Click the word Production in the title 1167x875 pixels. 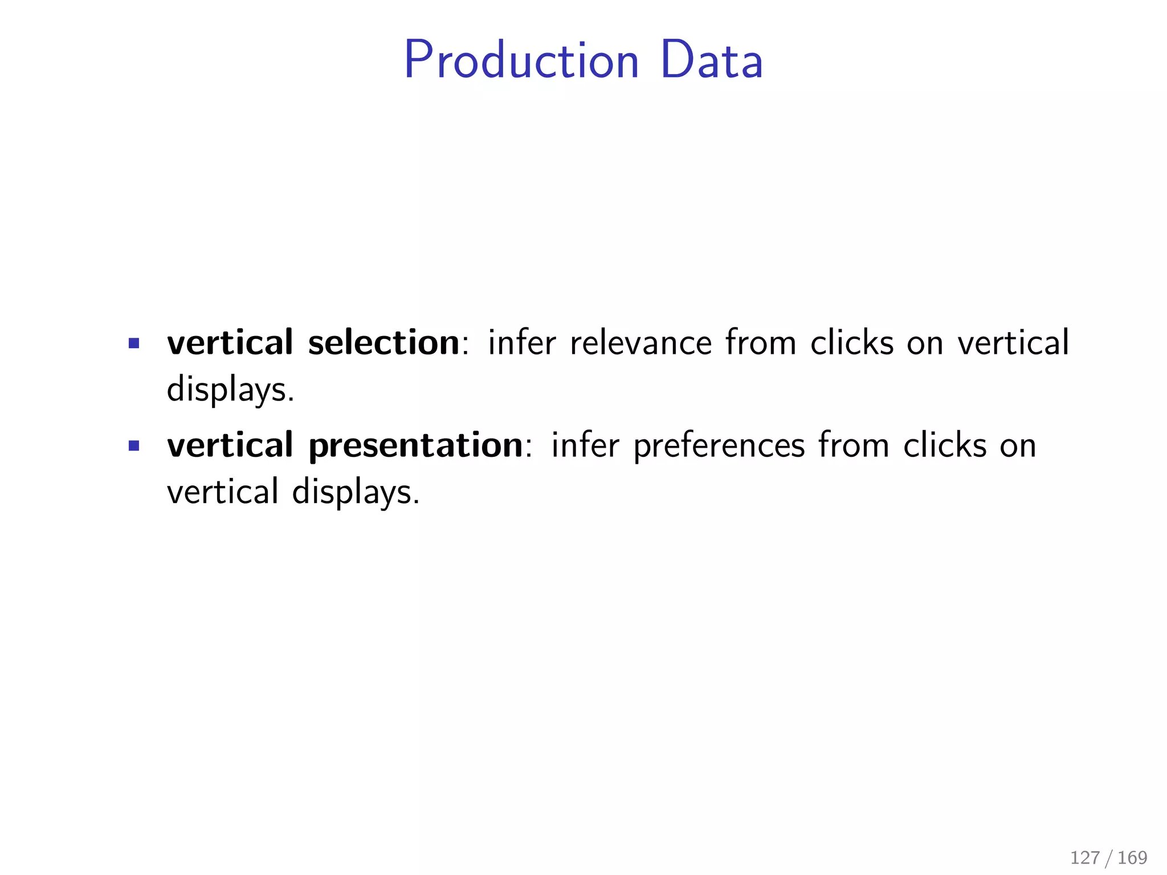point(521,60)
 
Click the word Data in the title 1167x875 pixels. point(712,60)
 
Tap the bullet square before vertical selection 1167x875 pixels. point(134,343)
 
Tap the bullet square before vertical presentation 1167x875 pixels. point(134,445)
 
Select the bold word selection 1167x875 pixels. point(383,343)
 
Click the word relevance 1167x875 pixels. point(640,343)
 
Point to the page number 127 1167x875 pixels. point(1084,857)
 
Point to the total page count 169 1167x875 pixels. point(1132,857)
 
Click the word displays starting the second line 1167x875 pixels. point(230,391)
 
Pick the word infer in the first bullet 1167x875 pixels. point(521,343)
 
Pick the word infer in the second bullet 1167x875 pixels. point(585,445)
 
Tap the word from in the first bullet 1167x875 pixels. point(760,343)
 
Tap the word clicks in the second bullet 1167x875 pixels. point(944,445)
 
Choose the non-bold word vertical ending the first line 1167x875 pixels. point(1013,343)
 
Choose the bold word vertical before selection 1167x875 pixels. point(230,343)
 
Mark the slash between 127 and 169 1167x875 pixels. point(1108,857)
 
